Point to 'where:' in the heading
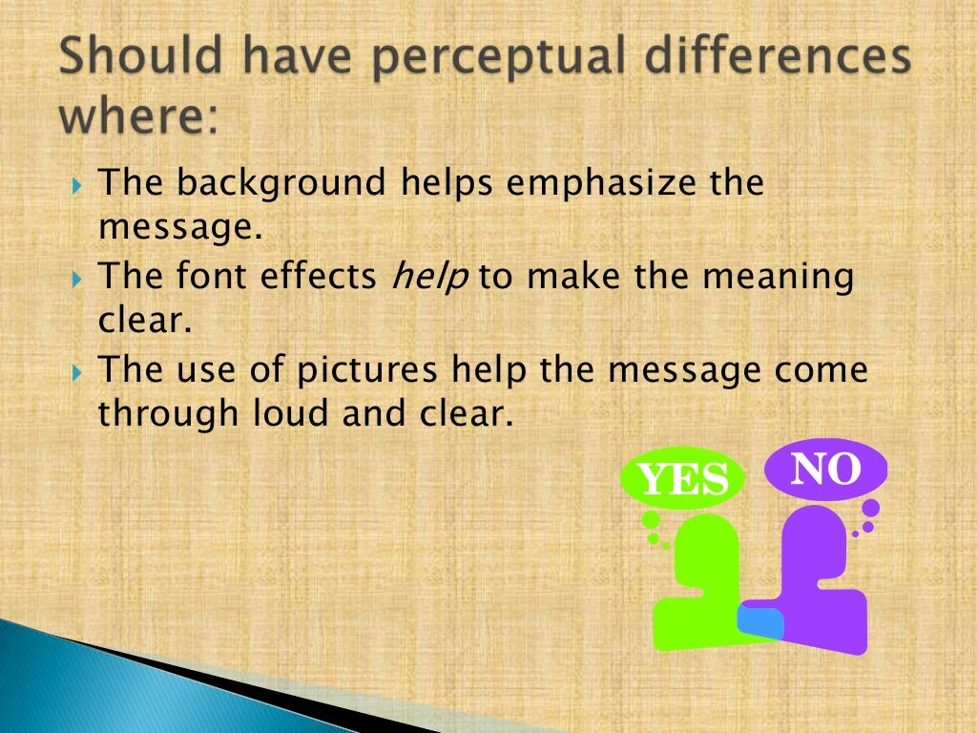pyautogui.click(x=138, y=119)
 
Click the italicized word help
pyautogui.click(x=430, y=277)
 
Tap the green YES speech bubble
pyautogui.click(x=683, y=478)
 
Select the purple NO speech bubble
pyautogui.click(x=826, y=469)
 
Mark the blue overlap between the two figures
pyautogui.click(x=761, y=621)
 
